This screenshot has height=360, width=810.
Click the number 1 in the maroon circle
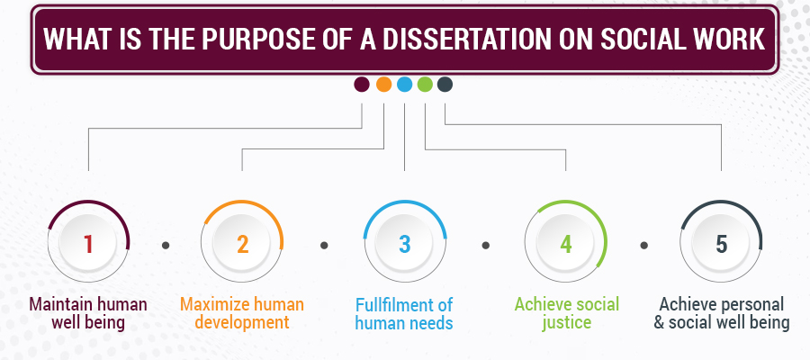tap(88, 244)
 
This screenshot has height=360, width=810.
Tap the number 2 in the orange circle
tap(242, 244)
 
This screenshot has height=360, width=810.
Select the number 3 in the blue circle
tap(405, 244)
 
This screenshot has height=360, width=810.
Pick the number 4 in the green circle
tap(565, 244)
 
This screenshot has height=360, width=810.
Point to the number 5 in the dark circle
tap(722, 244)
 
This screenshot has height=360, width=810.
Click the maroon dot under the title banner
tap(362, 85)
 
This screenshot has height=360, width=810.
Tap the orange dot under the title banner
tap(383, 85)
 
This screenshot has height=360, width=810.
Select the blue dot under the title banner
tap(404, 85)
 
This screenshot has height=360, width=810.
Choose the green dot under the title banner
tap(425, 85)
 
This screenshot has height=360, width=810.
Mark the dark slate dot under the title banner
tap(445, 85)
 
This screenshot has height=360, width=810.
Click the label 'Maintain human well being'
tap(88, 312)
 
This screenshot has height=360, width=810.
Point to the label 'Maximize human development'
tap(242, 312)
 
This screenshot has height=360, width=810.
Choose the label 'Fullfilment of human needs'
tap(404, 312)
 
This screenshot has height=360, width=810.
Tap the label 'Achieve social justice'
tap(566, 312)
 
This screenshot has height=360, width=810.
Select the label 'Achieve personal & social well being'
tap(723, 312)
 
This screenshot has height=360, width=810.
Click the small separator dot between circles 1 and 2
tap(166, 244)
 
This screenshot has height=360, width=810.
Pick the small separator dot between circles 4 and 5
tap(645, 244)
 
